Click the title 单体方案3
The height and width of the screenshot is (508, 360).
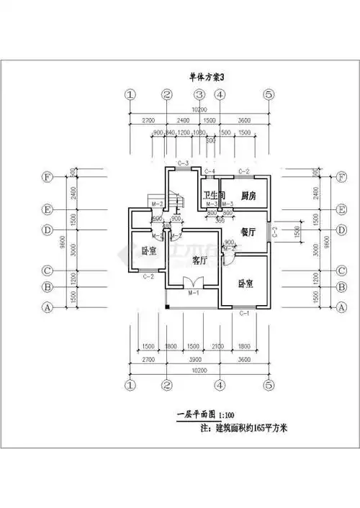click(207, 77)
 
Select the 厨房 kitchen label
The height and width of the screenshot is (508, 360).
click(249, 195)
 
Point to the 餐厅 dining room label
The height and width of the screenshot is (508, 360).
click(249, 232)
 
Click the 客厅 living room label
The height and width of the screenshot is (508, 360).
click(201, 260)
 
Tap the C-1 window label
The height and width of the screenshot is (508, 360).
click(243, 314)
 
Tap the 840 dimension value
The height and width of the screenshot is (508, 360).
click(171, 134)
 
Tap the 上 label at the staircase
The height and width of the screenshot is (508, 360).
click(177, 210)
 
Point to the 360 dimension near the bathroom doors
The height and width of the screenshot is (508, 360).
click(220, 219)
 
